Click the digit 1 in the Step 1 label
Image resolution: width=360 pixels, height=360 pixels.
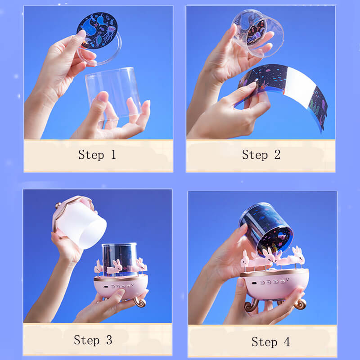pyautogui.click(x=113, y=154)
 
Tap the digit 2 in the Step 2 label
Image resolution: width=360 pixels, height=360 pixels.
pyautogui.click(x=277, y=154)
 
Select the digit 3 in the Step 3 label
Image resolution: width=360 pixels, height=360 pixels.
pyautogui.click(x=109, y=340)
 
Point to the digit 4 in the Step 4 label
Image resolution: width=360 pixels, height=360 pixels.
pyautogui.click(x=287, y=342)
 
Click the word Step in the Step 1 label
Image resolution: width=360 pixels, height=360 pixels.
pyautogui.click(x=91, y=155)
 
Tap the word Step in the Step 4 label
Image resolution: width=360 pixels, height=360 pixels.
pyautogui.click(x=264, y=342)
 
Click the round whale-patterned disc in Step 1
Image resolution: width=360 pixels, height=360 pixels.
pyautogui.click(x=97, y=30)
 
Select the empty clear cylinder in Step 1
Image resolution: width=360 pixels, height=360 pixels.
pyautogui.click(x=113, y=93)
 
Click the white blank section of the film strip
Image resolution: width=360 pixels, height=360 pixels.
pyautogui.click(x=300, y=86)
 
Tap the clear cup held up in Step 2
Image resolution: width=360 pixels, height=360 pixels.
pyautogui.click(x=258, y=33)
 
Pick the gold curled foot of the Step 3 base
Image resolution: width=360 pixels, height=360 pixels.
pyautogui.click(x=140, y=302)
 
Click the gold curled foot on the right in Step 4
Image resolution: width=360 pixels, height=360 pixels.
pyautogui.click(x=300, y=303)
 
